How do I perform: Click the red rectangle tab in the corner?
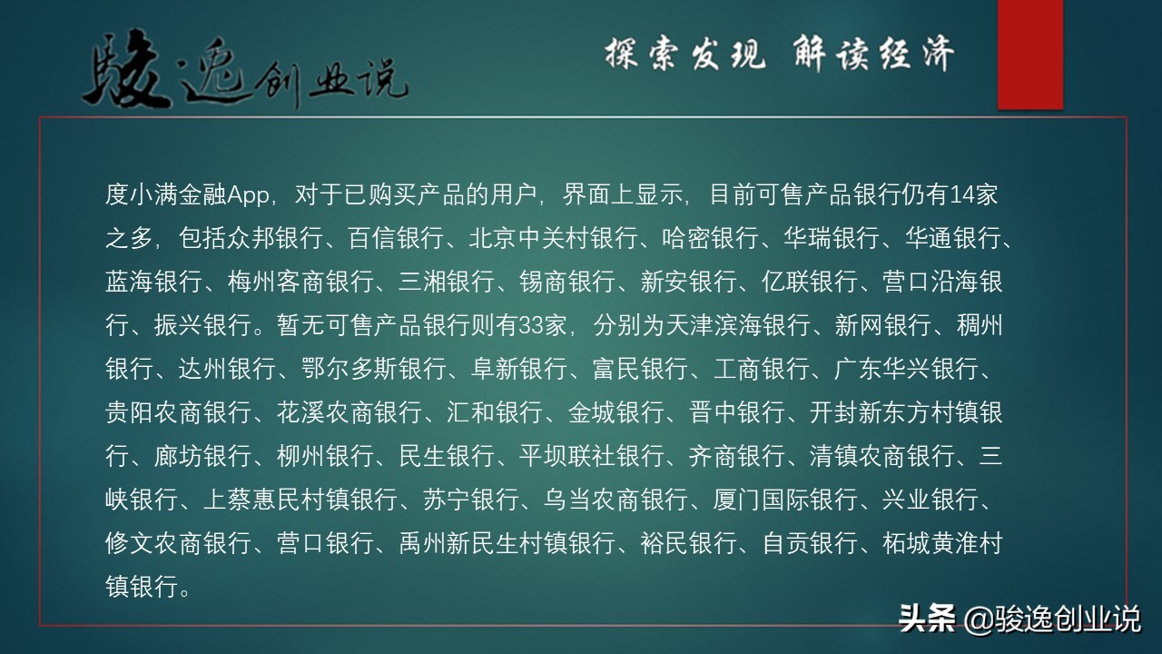pos(1029,54)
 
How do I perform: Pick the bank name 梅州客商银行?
pos(300,282)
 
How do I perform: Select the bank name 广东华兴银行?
pos(907,369)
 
